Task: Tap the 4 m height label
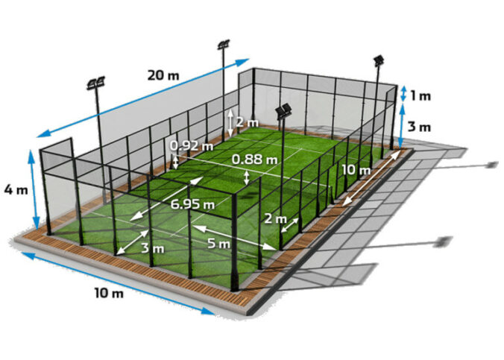click(17, 191)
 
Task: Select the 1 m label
click(420, 95)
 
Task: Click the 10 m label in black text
click(109, 293)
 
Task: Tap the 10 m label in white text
click(356, 171)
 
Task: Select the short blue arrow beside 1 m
click(403, 93)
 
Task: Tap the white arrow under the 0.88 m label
click(248, 177)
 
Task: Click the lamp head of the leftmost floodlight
click(95, 83)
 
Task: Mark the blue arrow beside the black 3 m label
click(403, 126)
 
